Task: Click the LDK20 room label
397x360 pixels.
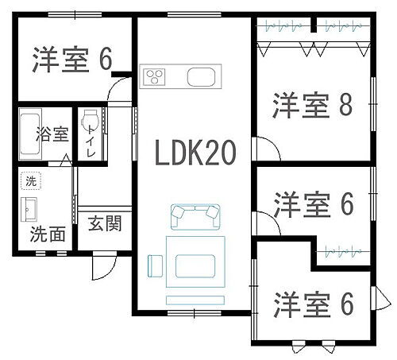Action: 195,153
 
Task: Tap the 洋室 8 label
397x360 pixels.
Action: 313,106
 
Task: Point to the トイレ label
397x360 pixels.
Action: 92,142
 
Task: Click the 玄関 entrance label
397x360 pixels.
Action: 104,223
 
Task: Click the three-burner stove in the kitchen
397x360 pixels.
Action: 154,77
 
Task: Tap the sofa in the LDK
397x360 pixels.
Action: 195,215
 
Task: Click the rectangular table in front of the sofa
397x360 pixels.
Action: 195,261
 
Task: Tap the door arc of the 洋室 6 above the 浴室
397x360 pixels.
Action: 119,91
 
